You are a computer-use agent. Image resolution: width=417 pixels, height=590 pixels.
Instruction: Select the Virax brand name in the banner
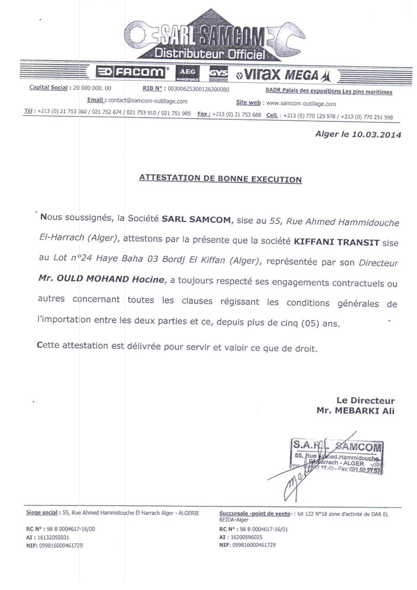[x=259, y=73]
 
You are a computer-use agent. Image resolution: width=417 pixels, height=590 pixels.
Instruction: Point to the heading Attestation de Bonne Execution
[x=220, y=178]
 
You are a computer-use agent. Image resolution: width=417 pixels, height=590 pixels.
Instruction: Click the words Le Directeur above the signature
[x=365, y=401]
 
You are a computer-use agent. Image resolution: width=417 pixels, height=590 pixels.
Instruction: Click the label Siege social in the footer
[x=41, y=512]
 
